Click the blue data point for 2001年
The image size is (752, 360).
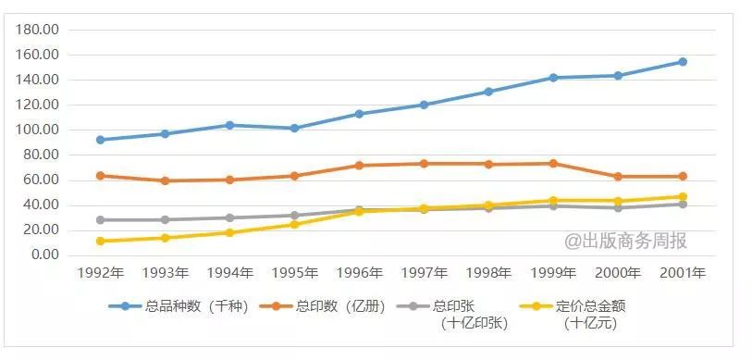[682, 62]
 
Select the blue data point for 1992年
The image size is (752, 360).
[100, 140]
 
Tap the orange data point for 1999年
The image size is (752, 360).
[552, 164]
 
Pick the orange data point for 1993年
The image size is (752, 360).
[165, 180]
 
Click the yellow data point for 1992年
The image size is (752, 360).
[100, 241]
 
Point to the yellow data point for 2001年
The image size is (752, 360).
[682, 196]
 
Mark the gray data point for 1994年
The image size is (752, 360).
[229, 217]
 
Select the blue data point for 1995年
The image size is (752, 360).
[294, 128]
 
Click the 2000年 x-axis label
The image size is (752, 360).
[617, 273]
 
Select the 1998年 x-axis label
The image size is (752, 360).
[487, 273]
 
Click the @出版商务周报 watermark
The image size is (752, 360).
[626, 241]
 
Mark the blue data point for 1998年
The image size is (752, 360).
[487, 92]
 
